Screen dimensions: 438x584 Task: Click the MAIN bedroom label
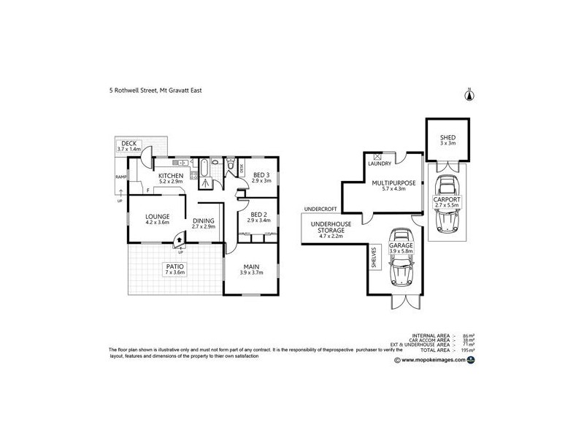tap(250, 268)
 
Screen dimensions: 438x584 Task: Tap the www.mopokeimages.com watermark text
tap(434, 360)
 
